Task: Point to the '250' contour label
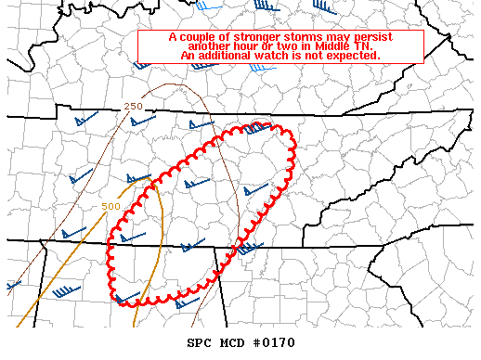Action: tap(133, 107)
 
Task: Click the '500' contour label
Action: tap(111, 206)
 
